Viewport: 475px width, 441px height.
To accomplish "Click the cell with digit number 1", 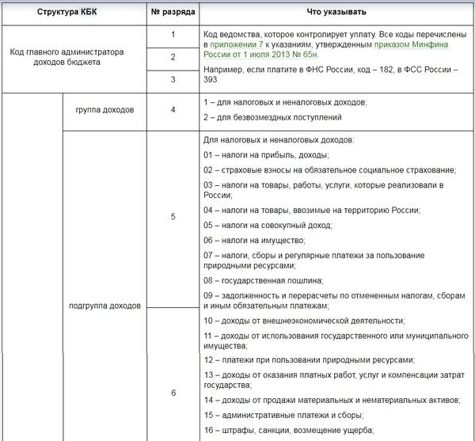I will tap(173, 36).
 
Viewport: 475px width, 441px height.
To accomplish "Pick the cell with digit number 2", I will tap(173, 58).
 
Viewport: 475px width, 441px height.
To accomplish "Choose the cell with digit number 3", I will tap(173, 80).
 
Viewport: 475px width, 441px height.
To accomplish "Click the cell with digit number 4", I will tap(173, 109).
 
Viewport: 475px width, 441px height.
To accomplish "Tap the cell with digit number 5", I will tap(173, 216).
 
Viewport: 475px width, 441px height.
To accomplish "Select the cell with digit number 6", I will tap(173, 393).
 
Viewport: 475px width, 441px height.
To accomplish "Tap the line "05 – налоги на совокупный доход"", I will tap(265, 225).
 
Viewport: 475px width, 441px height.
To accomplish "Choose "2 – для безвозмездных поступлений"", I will tap(272, 117).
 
